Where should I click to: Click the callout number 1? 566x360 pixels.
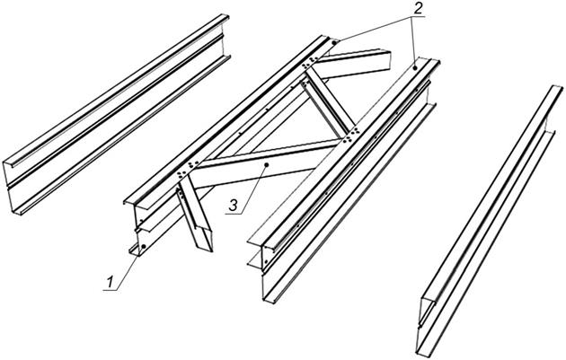[x=109, y=282]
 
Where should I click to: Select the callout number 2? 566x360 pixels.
[x=417, y=9]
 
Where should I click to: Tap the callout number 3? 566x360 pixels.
[x=234, y=206]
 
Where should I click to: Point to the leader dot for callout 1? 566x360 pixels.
[x=144, y=246]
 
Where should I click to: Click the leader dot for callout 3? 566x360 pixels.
[x=266, y=164]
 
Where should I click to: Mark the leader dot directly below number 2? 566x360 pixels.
[x=415, y=67]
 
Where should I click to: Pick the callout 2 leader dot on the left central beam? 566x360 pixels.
[x=334, y=42]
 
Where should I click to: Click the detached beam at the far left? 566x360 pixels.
[x=116, y=115]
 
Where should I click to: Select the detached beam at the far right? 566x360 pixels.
[x=490, y=221]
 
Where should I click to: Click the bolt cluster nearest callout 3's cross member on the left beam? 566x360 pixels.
[x=189, y=169]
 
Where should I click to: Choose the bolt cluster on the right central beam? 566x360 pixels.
[x=351, y=134]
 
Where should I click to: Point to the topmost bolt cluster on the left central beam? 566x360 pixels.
[x=310, y=62]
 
